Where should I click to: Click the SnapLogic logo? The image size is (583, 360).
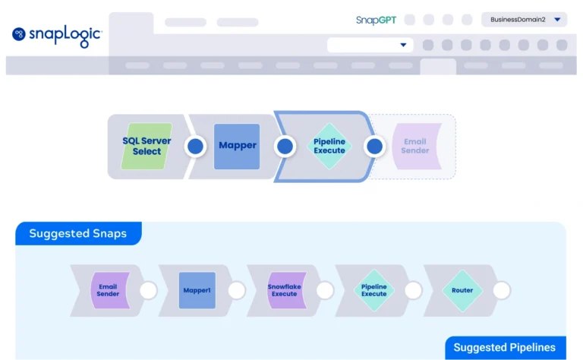click(x=57, y=35)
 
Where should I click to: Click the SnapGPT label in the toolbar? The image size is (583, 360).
click(x=376, y=20)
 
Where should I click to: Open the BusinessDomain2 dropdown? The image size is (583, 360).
click(x=524, y=20)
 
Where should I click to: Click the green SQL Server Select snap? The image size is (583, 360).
click(x=147, y=147)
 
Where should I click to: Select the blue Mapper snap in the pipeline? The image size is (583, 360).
click(x=237, y=146)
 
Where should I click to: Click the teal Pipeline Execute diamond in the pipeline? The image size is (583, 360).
click(x=329, y=146)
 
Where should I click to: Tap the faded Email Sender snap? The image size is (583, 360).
click(x=415, y=146)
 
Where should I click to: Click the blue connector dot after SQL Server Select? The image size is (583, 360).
click(x=196, y=147)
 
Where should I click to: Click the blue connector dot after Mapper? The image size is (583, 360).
click(x=285, y=147)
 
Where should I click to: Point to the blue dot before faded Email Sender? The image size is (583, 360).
click(x=375, y=147)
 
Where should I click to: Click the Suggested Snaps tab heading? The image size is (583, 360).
click(x=78, y=233)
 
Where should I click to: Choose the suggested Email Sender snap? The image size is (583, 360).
click(x=109, y=290)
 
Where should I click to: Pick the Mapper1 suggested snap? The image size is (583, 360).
click(x=197, y=290)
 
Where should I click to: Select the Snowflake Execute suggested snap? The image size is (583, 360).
click(x=285, y=290)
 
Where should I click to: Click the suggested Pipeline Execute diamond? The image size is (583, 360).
click(x=373, y=290)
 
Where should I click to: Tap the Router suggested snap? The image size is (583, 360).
click(x=462, y=290)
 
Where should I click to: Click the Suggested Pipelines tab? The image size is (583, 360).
click(x=505, y=348)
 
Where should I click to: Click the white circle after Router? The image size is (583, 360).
click(x=502, y=290)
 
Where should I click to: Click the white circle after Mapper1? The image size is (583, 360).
click(x=237, y=290)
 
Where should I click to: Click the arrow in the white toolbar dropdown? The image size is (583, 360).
click(x=403, y=45)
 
